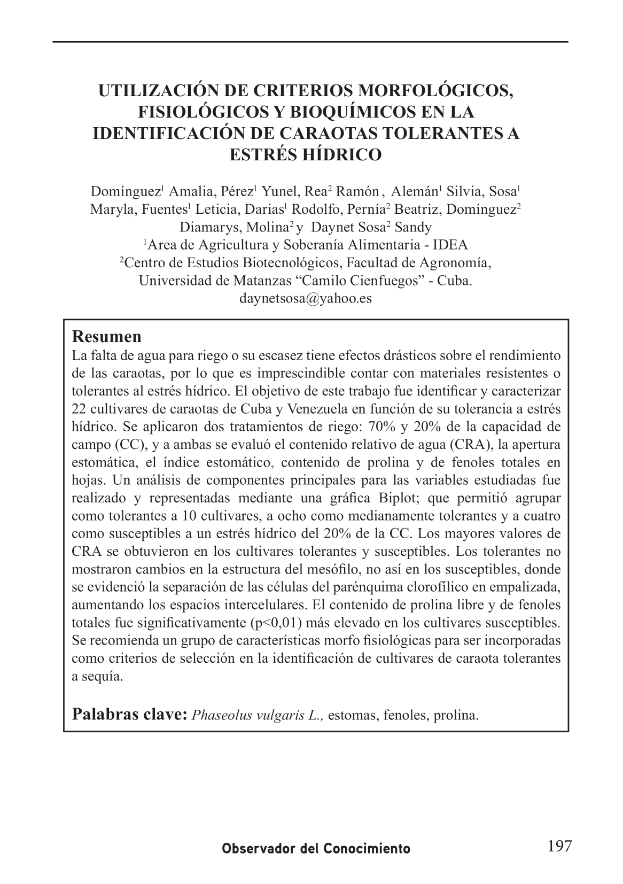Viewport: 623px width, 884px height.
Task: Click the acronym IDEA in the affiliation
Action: pyautogui.click(x=450, y=245)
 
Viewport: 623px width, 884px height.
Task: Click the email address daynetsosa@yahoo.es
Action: pyautogui.click(x=306, y=298)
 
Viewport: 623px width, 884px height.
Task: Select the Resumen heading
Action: pyautogui.click(x=107, y=337)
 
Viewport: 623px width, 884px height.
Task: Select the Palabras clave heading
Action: pyautogui.click(x=129, y=714)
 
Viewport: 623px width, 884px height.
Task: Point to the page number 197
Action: pyautogui.click(x=559, y=846)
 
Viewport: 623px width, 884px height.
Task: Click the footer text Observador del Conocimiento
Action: pyautogui.click(x=316, y=849)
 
